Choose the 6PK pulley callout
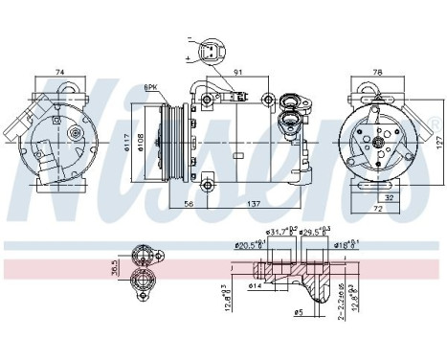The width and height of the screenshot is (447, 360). click(x=150, y=88)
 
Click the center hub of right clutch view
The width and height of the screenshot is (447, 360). click(x=378, y=142)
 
